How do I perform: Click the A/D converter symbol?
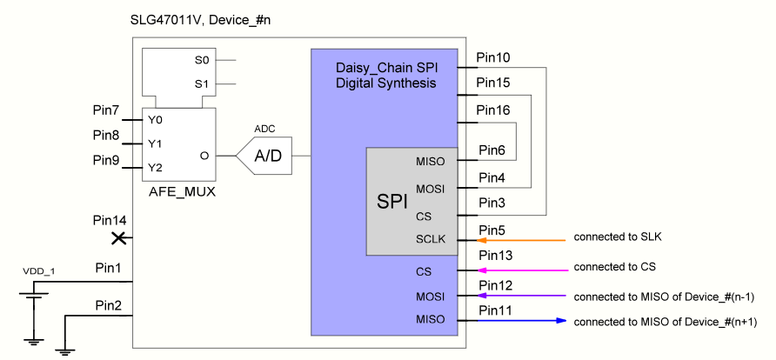point(265,157)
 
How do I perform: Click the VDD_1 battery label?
point(38,272)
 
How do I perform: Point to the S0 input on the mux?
point(202,61)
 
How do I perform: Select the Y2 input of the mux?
point(155,167)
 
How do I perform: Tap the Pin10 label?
point(493,58)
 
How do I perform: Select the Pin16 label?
point(493,110)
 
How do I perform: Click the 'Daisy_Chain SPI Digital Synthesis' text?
point(385,75)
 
